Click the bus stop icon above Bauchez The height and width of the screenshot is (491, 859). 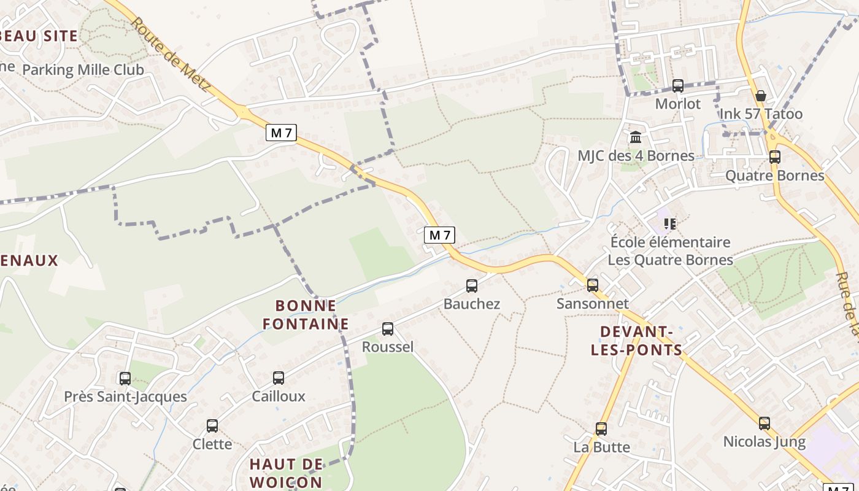tap(471, 285)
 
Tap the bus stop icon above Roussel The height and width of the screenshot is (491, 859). tap(388, 328)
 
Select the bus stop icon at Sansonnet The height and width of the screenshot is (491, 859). tap(592, 285)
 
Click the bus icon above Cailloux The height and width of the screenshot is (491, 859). tap(279, 377)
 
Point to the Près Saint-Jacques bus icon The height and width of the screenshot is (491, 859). tap(125, 378)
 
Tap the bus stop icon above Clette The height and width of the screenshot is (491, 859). tap(212, 425)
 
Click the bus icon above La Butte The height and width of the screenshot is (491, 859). tap(601, 428)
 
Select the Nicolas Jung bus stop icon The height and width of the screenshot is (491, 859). tap(764, 423)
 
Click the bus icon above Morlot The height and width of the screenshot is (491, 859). tap(678, 85)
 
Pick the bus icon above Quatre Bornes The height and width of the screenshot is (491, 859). tap(775, 157)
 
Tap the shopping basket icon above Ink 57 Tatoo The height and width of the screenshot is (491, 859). tap(761, 95)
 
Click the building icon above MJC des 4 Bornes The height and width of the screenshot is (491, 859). tap(636, 137)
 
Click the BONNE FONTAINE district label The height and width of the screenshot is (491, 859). tap(306, 314)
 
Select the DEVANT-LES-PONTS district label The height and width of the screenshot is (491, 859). tap(636, 341)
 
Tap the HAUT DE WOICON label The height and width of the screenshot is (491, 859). tap(286, 473)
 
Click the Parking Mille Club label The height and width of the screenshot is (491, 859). tap(83, 69)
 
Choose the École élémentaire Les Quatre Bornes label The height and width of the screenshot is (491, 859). tap(670, 251)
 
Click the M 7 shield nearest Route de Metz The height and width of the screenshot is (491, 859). tap(281, 133)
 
